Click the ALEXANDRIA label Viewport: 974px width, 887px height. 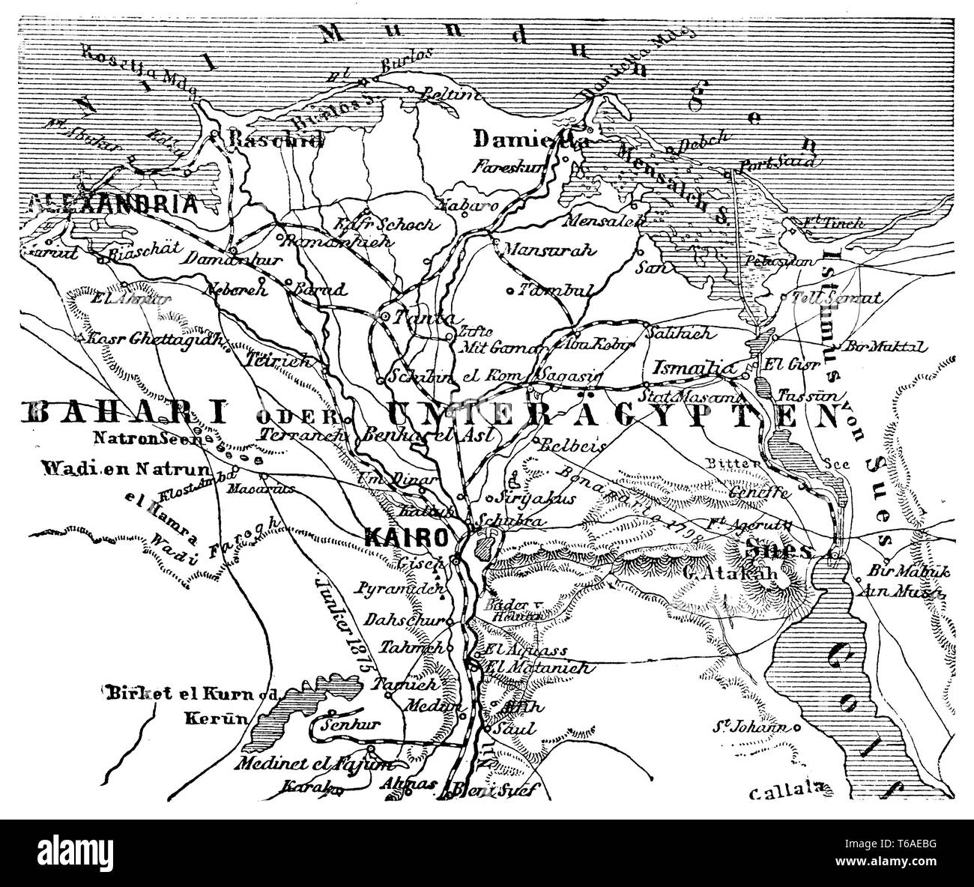pos(112,205)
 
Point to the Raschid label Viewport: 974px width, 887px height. pos(266,139)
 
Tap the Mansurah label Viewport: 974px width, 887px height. pos(538,249)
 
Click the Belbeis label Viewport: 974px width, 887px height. pos(573,444)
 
